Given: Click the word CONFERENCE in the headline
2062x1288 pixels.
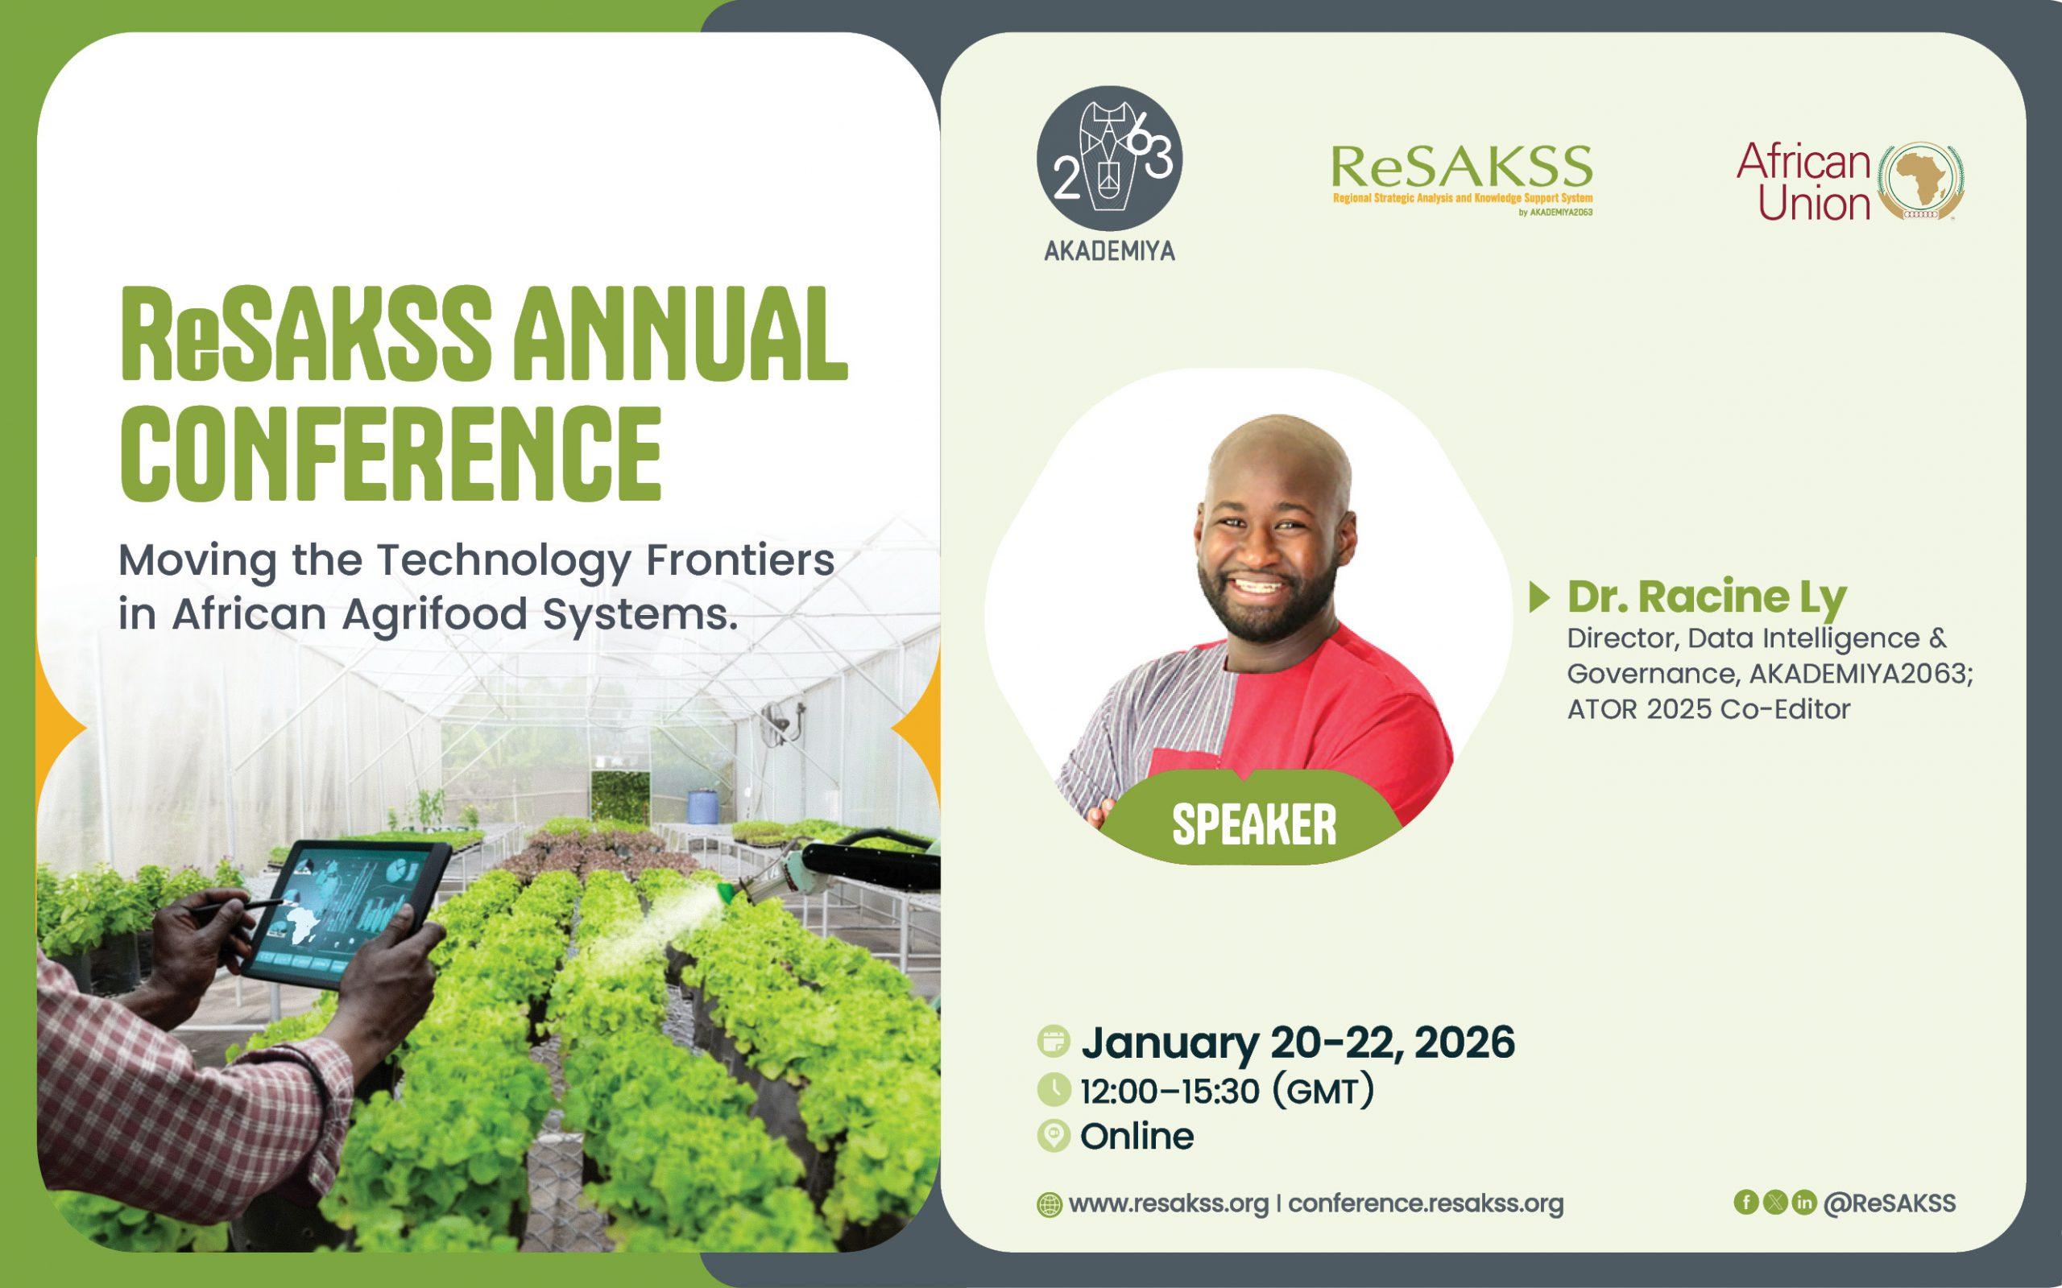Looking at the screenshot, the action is coord(391,455).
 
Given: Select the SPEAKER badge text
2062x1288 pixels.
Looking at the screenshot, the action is coord(1254,824).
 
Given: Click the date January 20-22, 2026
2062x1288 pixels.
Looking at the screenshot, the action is coord(1298,1042).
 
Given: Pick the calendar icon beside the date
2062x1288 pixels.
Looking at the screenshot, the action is coord(1054,1042).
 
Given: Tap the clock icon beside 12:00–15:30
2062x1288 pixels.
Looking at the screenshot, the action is coord(1054,1089).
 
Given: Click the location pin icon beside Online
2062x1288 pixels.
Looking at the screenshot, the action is coord(1054,1137).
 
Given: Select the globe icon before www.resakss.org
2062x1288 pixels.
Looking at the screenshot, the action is coord(1050,1205).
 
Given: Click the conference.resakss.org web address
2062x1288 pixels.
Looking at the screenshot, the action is coord(1426,1203).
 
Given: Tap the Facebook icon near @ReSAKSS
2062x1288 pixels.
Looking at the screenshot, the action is coord(1746,1202).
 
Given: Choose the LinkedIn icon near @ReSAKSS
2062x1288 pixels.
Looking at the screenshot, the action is coord(1803,1202).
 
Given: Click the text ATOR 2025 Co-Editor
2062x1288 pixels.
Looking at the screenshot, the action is coord(1708,709).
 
